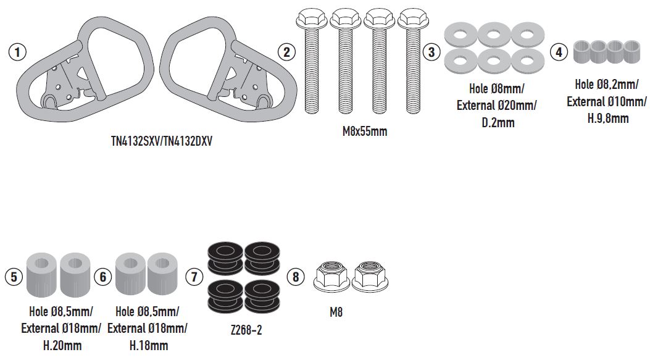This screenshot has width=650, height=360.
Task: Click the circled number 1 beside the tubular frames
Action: coord(17,52)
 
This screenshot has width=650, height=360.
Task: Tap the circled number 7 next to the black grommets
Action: coord(194,277)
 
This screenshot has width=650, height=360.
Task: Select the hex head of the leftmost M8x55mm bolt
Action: coord(311,19)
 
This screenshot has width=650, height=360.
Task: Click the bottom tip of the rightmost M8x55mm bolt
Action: coord(414,113)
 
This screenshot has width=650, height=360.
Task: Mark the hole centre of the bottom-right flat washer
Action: coord(527,61)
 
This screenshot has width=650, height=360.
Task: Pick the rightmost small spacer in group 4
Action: coord(632,51)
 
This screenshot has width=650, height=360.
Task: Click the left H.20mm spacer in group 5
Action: coord(41,274)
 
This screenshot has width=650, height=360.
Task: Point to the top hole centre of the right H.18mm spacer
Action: coord(163,263)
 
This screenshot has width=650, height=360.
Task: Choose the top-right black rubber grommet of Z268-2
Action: coord(262,258)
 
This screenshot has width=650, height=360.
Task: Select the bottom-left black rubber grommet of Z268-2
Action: coord(225,296)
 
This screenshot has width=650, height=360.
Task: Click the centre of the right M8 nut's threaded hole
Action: coord(369,267)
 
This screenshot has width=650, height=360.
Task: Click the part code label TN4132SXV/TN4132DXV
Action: coord(162,141)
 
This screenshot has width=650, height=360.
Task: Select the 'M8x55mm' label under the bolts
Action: coord(365,132)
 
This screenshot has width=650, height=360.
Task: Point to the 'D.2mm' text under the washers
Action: coord(498,123)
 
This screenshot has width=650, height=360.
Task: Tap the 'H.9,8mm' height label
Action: coord(608,119)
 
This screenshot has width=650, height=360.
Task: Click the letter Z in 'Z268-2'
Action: coord(233,330)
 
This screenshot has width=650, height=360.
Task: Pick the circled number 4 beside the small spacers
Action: coord(559,52)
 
